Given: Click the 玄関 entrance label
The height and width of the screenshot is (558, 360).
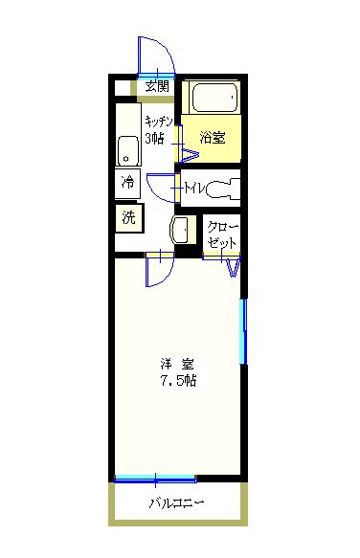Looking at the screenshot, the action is tap(157, 86).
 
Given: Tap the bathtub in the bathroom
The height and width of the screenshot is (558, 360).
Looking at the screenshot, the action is tap(214, 98).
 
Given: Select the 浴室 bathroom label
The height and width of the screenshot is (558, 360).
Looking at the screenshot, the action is tap(213, 138).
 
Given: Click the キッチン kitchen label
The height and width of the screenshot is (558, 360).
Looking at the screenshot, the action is tap(159, 122).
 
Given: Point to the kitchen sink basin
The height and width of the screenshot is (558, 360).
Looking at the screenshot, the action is tap(128, 150).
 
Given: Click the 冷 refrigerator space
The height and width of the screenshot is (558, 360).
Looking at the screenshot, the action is tap(127, 183).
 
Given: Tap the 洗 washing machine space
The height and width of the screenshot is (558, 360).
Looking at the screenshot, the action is tap(129, 217).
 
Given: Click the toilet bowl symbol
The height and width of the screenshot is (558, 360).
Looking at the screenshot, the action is tap(223, 189).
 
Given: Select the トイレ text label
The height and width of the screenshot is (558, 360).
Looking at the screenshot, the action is tap(194, 188).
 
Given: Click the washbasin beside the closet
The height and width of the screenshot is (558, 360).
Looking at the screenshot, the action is tap(180, 230).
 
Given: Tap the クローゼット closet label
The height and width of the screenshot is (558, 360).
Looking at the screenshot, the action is tap(222, 234).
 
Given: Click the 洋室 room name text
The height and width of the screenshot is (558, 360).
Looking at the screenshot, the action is tap(177, 365).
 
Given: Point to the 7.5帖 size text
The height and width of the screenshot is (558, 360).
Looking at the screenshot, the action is tap(178, 381).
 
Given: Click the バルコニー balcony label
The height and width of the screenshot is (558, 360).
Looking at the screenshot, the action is tap(176, 503).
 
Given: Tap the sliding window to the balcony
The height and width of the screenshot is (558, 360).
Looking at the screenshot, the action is tap(155, 479).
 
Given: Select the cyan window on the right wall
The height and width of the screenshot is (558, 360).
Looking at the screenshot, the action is tap(243, 331).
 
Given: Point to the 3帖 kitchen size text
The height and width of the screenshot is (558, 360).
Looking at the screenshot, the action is tap(154, 138).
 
